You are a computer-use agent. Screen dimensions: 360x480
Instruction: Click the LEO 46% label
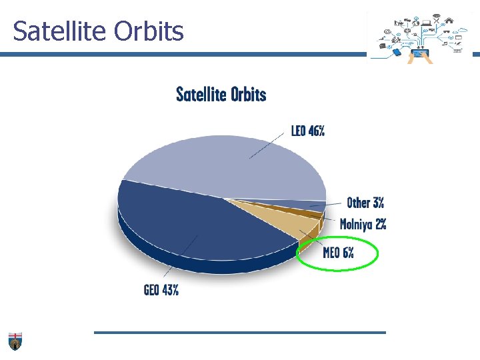(x=307, y=131)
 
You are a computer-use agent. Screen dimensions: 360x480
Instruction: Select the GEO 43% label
(x=161, y=290)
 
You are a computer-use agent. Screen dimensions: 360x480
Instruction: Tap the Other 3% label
(x=365, y=203)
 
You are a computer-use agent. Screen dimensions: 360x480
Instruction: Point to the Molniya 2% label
(x=363, y=224)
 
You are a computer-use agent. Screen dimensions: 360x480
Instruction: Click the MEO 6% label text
(x=338, y=253)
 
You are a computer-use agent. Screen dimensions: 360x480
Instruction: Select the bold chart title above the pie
(x=221, y=95)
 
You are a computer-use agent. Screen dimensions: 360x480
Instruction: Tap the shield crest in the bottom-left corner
(x=15, y=341)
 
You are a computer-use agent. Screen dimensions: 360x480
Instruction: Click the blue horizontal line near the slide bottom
(x=240, y=332)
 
